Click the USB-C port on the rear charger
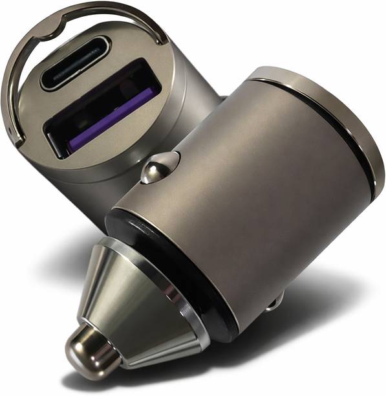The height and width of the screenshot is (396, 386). tap(74, 63)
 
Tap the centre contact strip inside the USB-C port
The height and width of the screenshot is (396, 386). tap(74, 63)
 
